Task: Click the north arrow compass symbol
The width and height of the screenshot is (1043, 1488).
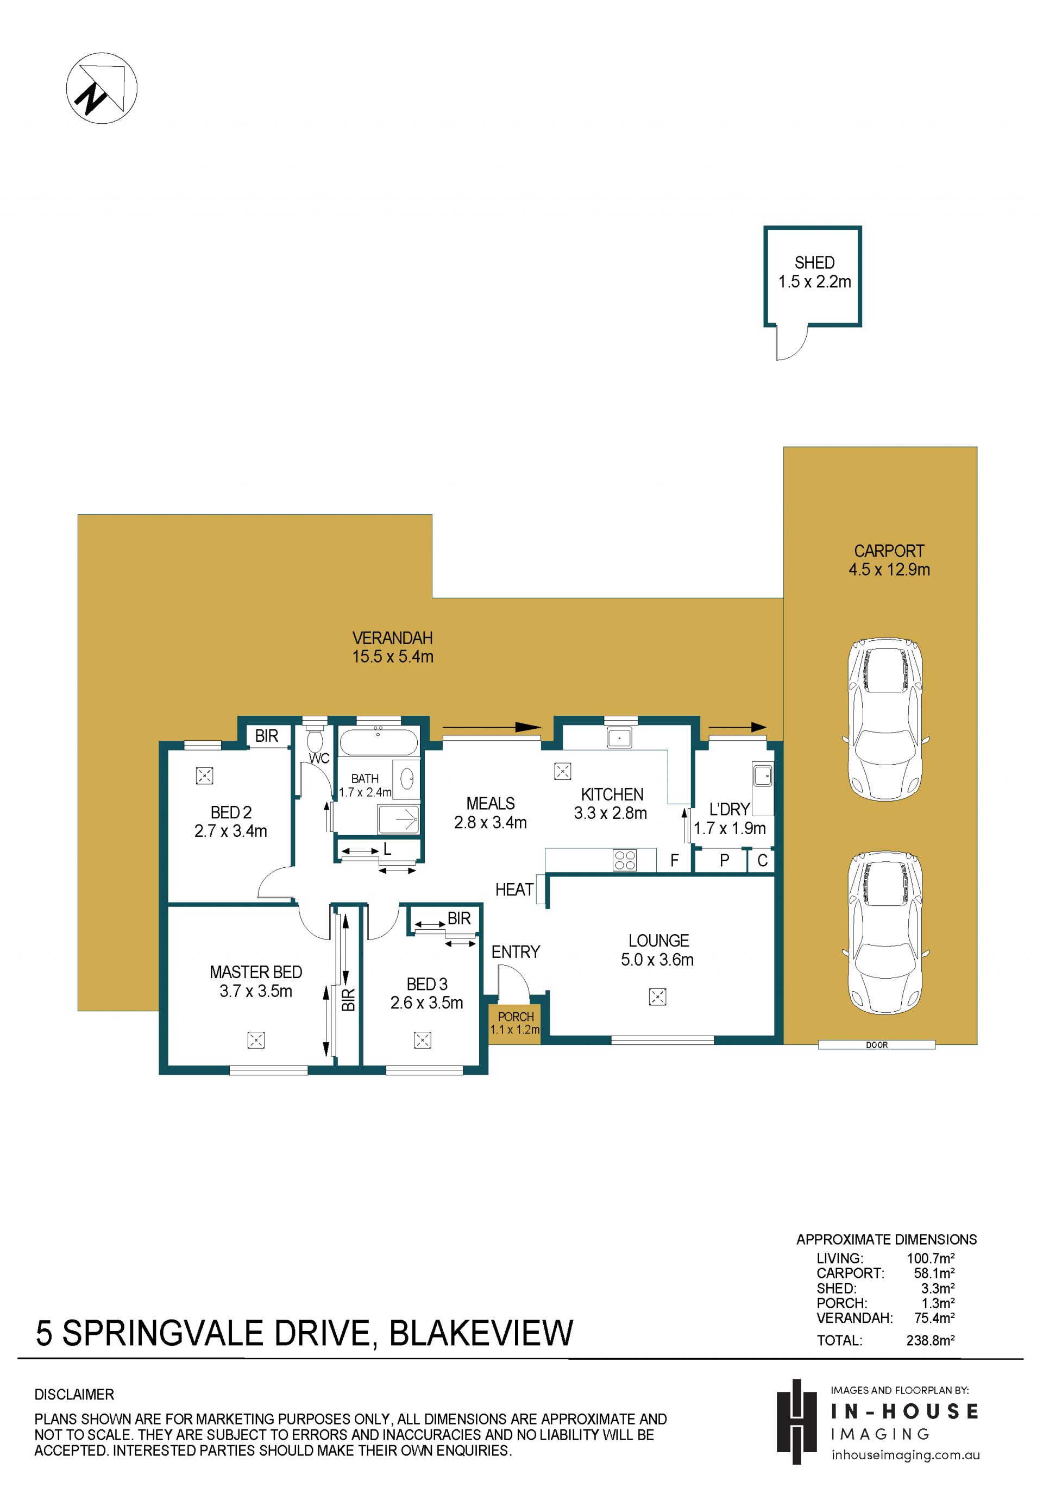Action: click(x=101, y=88)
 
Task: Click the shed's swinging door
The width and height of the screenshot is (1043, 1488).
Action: click(x=791, y=342)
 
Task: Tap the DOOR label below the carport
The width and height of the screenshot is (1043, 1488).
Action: click(x=876, y=1045)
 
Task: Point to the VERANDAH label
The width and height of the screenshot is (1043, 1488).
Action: click(x=392, y=638)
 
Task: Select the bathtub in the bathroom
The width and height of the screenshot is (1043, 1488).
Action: click(x=379, y=742)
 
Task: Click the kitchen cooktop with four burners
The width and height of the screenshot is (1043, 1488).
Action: click(x=625, y=860)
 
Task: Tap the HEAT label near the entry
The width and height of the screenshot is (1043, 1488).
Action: click(x=514, y=890)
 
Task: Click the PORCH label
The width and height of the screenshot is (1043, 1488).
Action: click(x=516, y=1017)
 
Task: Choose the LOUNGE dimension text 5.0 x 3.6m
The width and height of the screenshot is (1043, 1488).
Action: click(x=657, y=960)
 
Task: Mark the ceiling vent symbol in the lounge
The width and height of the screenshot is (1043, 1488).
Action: click(x=657, y=997)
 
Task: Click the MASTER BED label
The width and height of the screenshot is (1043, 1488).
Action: click(x=255, y=972)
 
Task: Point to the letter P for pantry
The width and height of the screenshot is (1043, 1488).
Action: click(x=725, y=861)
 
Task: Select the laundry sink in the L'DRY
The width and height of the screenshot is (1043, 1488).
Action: click(x=762, y=775)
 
